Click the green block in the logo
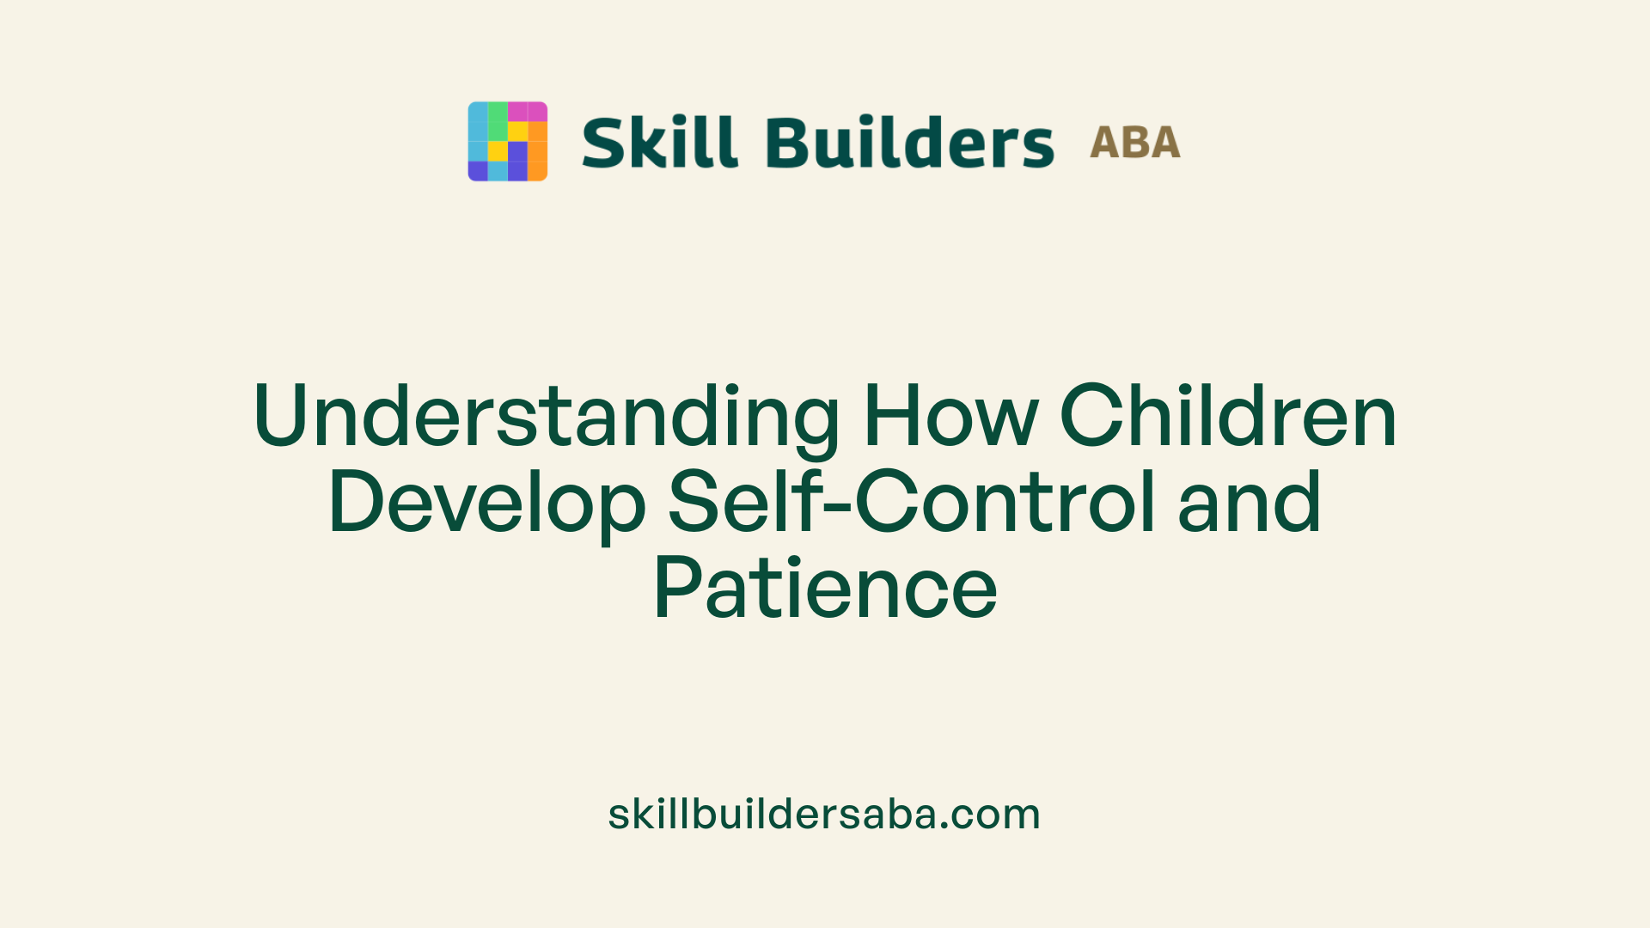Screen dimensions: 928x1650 [498, 121]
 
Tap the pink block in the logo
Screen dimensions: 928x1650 [527, 112]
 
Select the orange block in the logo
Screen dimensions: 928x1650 [537, 150]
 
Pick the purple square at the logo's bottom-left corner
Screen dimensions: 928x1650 [477, 171]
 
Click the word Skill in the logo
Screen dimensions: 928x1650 [659, 142]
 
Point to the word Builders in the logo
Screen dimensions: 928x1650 [909, 142]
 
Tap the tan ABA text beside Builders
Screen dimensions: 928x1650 [1134, 143]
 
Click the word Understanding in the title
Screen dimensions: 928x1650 [547, 416]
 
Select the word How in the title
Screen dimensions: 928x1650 [950, 416]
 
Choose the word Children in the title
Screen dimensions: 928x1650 [1228, 416]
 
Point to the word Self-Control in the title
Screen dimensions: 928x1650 [911, 502]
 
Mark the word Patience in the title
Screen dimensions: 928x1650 [825, 589]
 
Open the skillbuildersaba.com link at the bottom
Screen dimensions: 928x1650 [824, 814]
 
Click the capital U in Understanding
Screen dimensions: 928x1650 [280, 416]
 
